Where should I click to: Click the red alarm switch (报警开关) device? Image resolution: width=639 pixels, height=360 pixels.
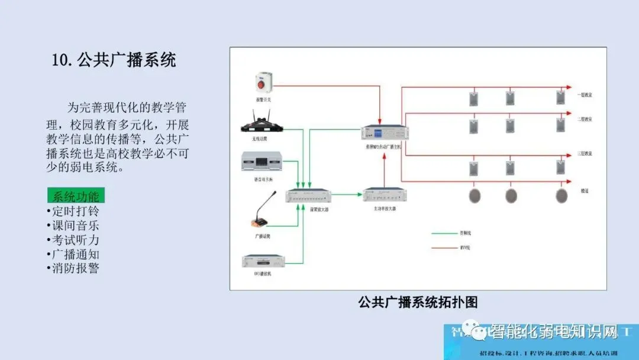(262, 82)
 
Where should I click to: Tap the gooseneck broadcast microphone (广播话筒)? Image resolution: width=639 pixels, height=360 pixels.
(261, 217)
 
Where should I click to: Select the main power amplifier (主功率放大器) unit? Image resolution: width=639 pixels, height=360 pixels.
(385, 194)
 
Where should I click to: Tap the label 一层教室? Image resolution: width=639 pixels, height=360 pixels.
(585, 95)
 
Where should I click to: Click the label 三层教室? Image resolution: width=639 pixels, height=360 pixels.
(585, 154)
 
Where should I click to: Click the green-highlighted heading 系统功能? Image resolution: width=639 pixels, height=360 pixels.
(76, 197)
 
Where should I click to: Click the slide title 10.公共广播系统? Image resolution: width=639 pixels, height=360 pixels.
(114, 60)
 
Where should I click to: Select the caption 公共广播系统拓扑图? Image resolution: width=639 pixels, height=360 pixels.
(418, 302)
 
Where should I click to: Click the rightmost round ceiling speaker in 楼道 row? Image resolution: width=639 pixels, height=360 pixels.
(561, 196)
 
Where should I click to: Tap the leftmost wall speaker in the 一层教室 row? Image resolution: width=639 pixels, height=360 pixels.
(473, 98)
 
